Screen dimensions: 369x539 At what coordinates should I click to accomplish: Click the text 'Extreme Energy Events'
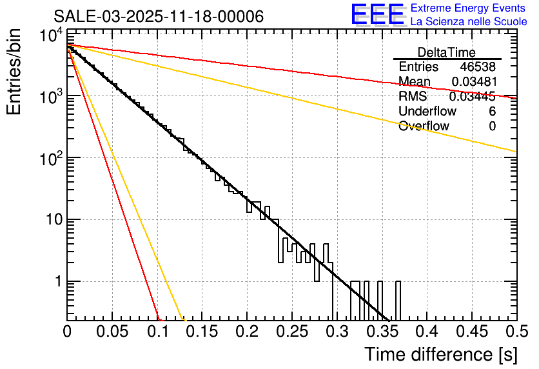point(469,8)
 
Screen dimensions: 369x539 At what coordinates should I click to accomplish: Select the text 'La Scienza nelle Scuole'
point(469,22)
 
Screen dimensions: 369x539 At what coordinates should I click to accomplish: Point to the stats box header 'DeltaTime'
point(447,52)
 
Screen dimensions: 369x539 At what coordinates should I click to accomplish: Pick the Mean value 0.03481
point(473,82)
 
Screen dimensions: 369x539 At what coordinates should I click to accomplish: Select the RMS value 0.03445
point(472,97)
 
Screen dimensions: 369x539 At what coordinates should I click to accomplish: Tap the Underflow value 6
point(492,112)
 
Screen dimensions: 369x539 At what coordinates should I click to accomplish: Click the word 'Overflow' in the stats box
point(424,126)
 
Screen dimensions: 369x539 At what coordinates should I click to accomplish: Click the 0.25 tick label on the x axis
point(246,332)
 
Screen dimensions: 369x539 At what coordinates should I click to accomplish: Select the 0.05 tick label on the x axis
point(112,332)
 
